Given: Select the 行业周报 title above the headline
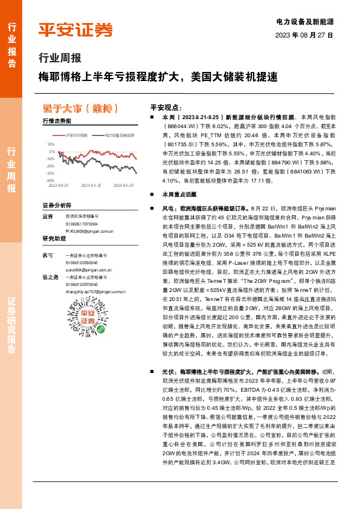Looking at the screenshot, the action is point(60,59).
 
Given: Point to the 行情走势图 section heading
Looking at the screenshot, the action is point(57,122).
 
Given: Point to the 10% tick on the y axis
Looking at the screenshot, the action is point(51,145).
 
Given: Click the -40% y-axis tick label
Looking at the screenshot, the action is point(50,180).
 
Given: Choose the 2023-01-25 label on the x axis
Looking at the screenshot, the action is point(92,186).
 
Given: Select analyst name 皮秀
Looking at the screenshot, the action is point(48,216).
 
